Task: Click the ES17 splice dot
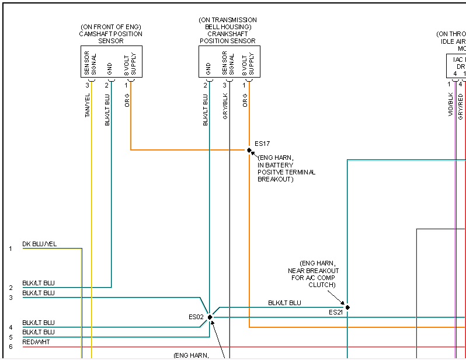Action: [x=249, y=150]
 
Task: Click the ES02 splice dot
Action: [x=210, y=317]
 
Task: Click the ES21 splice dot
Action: [x=347, y=307]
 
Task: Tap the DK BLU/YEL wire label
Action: [x=40, y=244]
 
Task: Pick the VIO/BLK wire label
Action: [x=451, y=103]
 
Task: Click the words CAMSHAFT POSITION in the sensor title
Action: [x=111, y=34]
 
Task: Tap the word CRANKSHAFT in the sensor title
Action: [x=228, y=34]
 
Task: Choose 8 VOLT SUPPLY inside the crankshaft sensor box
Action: [x=248, y=63]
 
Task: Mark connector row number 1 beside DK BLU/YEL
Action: [x=10, y=249]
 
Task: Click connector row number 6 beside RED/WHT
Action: [x=10, y=347]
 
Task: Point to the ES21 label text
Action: [x=335, y=313]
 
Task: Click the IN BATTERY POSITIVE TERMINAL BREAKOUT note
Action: [x=286, y=169]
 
